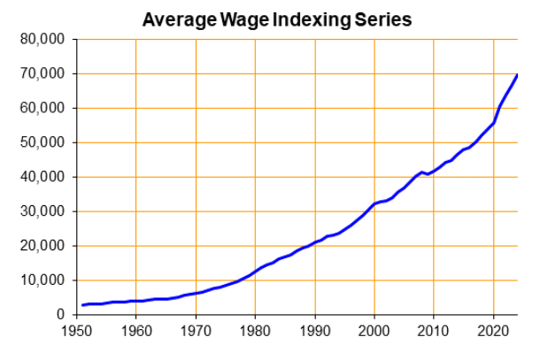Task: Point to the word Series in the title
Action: (386, 19)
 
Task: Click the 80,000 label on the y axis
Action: (42, 39)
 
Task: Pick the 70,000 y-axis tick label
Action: (42, 73)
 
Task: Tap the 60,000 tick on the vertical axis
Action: (42, 108)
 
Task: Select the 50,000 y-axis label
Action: (42, 142)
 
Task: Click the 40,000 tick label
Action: (42, 177)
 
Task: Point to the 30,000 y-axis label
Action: (42, 211)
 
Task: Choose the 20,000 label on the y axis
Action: (42, 246)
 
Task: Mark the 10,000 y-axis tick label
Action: (42, 280)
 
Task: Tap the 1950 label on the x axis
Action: (76, 333)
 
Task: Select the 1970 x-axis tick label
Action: (196, 333)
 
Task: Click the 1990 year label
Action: (314, 333)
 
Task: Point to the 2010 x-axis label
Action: (434, 333)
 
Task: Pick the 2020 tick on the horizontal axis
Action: (493, 333)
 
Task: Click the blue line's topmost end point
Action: (517, 75)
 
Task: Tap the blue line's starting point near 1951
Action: (82, 305)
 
